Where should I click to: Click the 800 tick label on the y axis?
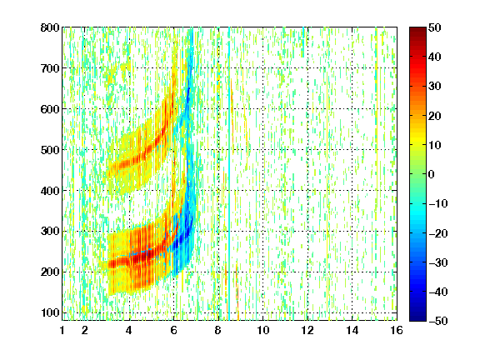point(50,27)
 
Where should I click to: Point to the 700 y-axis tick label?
point(50,68)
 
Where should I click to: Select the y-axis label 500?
point(50,150)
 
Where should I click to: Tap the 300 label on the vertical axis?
point(50,232)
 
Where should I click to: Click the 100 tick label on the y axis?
point(50,312)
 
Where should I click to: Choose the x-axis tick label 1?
point(62,330)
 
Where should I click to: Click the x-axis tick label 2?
point(85,330)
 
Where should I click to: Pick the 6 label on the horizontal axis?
point(174,330)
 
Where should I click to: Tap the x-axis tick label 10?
point(263,330)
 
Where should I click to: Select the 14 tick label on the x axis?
point(352,330)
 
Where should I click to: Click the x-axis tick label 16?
point(397,330)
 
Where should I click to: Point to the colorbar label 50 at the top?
point(434,27)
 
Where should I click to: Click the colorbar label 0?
point(431,174)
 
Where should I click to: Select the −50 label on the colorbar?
point(438,321)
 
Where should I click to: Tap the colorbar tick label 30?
point(434,87)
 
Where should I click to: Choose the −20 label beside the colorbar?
point(438,233)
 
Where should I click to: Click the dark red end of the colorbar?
point(417,30)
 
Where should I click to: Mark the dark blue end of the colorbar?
point(417,318)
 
